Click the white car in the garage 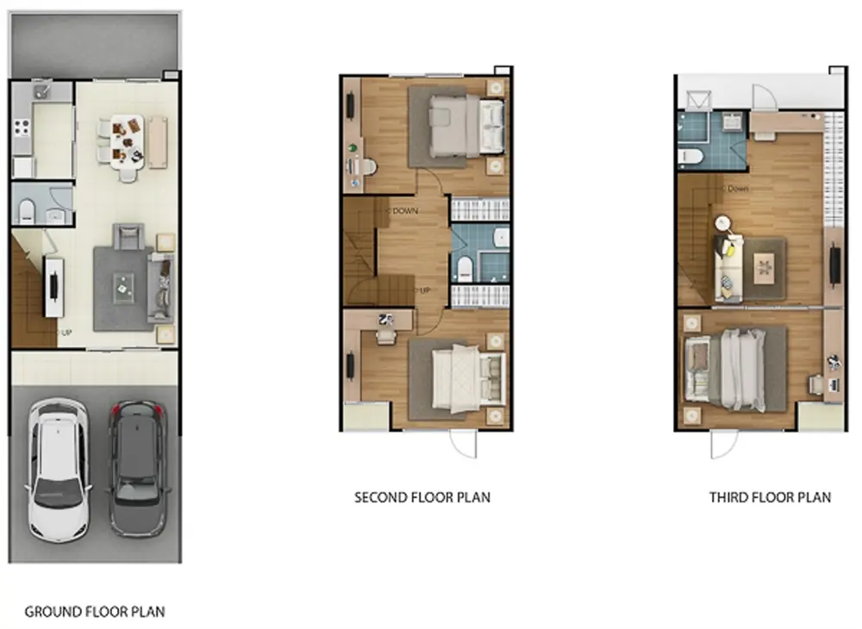59,470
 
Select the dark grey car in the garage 137,469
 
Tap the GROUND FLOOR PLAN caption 95,612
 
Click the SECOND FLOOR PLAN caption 422,498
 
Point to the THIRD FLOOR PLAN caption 770,498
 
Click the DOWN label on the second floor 405,211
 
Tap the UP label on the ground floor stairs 66,333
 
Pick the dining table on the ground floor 127,141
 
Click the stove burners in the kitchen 22,128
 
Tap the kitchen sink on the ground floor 41,91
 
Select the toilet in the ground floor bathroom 27,211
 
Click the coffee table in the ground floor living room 123,287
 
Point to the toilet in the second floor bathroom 465,269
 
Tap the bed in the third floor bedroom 725,369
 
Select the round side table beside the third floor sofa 722,223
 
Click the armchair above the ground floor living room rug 129,237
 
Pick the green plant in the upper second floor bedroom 353,148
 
